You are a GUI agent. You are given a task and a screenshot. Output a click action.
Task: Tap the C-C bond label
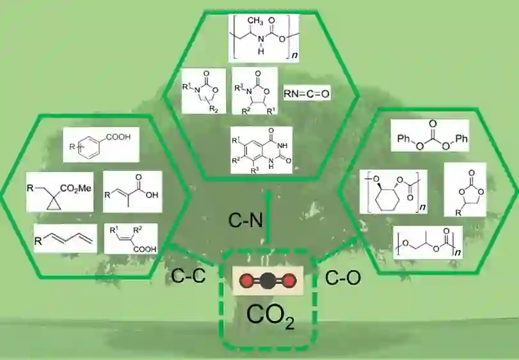pyautogui.click(x=186, y=277)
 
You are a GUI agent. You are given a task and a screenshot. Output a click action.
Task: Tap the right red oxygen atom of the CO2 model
pyautogui.click(x=291, y=280)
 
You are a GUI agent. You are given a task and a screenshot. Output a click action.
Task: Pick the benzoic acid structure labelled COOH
pyautogui.click(x=101, y=145)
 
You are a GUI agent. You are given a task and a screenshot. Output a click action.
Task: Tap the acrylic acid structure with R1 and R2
pyautogui.click(x=132, y=237)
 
